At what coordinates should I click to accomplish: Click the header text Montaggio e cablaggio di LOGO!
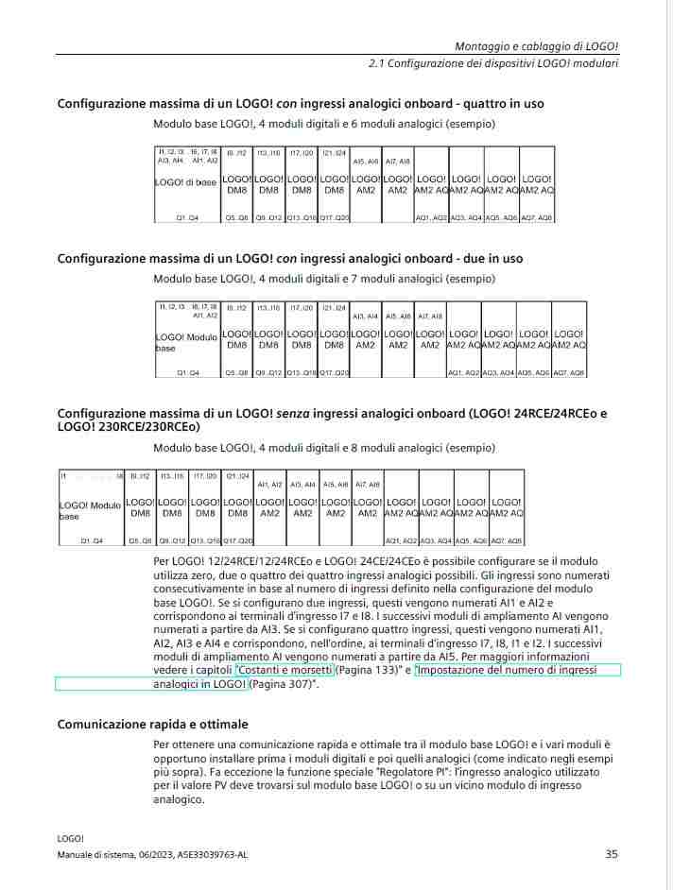537,46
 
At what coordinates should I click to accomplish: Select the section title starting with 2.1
493,64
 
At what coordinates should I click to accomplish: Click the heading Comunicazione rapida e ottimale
152,725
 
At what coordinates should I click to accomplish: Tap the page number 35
612,854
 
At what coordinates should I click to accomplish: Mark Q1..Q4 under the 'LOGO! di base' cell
187,217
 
